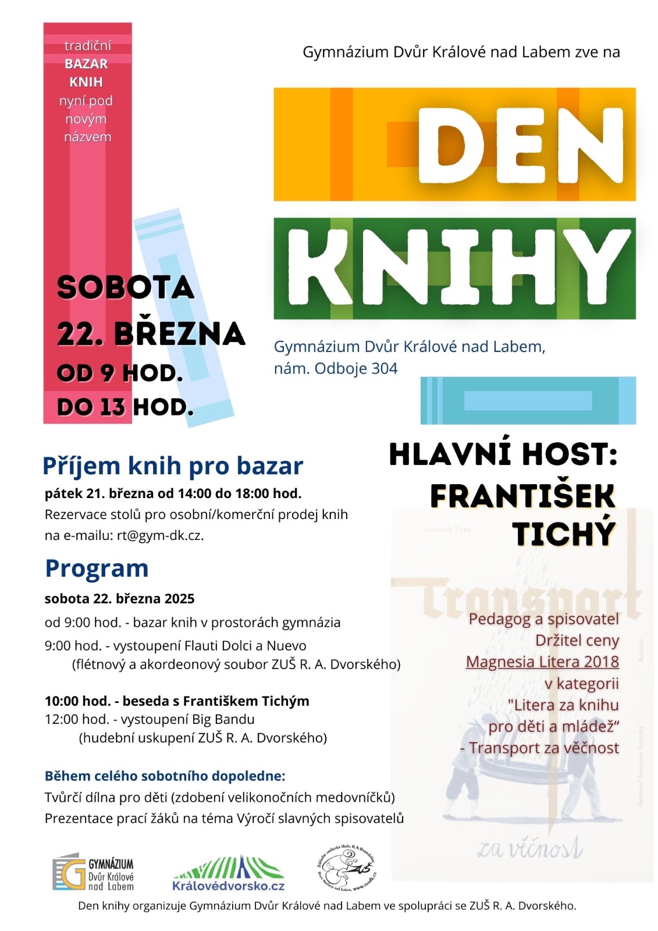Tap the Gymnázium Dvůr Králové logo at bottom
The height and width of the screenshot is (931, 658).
[94, 873]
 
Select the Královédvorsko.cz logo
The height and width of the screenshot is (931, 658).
[229, 875]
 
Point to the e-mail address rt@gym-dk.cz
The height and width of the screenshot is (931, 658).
[160, 535]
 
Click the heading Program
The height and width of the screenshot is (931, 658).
[97, 568]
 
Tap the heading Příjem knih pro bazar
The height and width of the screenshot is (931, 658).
[173, 466]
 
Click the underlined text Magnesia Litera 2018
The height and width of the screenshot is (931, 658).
[542, 662]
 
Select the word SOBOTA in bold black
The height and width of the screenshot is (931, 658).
[125, 287]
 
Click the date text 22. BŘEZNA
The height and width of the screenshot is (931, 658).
[151, 334]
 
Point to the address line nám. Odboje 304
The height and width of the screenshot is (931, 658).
[336, 368]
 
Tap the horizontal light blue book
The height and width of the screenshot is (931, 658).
[528, 400]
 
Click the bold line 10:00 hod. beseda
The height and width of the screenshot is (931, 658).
[177, 701]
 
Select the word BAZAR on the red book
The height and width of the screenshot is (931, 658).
[87, 63]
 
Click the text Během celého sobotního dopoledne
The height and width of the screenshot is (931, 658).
[165, 776]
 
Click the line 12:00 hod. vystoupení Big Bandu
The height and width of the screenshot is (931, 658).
[150, 719]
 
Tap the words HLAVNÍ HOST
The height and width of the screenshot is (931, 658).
[503, 454]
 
